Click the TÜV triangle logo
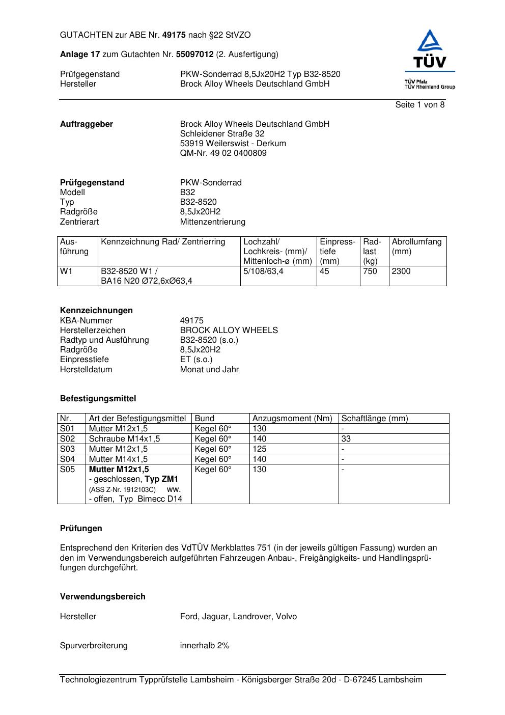click(430, 48)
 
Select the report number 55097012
click(194, 54)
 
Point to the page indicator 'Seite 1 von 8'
click(419, 105)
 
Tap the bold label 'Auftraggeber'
click(87, 124)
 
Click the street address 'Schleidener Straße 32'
click(222, 134)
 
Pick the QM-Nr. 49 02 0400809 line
click(223, 153)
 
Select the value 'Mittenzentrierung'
click(212, 222)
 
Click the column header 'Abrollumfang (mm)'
click(416, 246)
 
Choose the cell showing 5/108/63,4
click(263, 271)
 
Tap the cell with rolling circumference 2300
click(401, 271)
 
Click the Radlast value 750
click(370, 271)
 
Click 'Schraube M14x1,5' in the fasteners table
click(124, 439)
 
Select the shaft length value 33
click(346, 439)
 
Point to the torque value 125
click(259, 449)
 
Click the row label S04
click(67, 459)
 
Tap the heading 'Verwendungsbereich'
click(102, 597)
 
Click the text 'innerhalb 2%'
click(205, 646)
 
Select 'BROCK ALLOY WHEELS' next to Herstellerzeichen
click(229, 331)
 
